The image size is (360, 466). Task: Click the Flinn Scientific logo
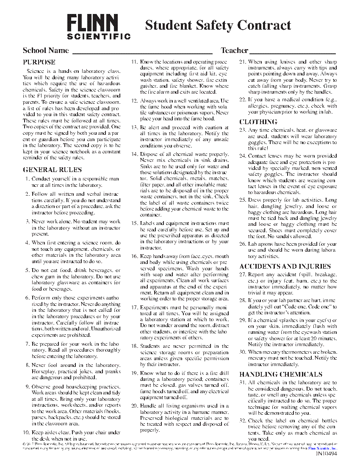(x=99, y=27)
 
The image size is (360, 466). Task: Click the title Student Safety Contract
(x=218, y=25)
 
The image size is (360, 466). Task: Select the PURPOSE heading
(x=39, y=62)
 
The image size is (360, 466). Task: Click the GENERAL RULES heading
(x=46, y=170)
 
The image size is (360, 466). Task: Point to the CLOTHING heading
(x=258, y=122)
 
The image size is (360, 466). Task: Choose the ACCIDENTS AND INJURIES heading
(x=285, y=266)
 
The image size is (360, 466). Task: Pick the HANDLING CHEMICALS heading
(x=281, y=374)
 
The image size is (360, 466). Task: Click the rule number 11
(x=134, y=62)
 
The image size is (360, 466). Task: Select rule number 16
(x=134, y=256)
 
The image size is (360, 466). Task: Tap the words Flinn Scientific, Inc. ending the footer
(x=322, y=447)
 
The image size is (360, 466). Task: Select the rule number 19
(x=134, y=374)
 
